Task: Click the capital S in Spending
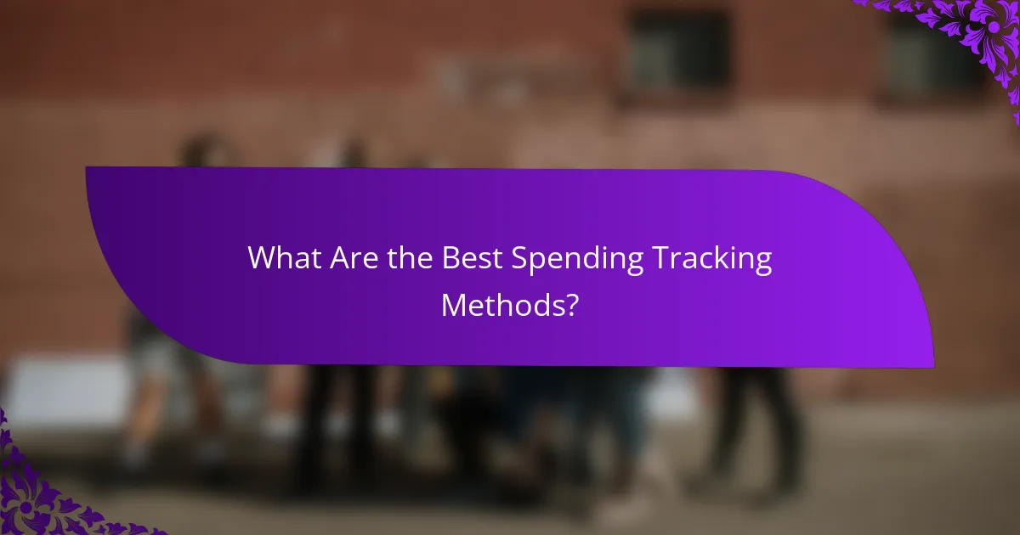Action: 519,258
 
